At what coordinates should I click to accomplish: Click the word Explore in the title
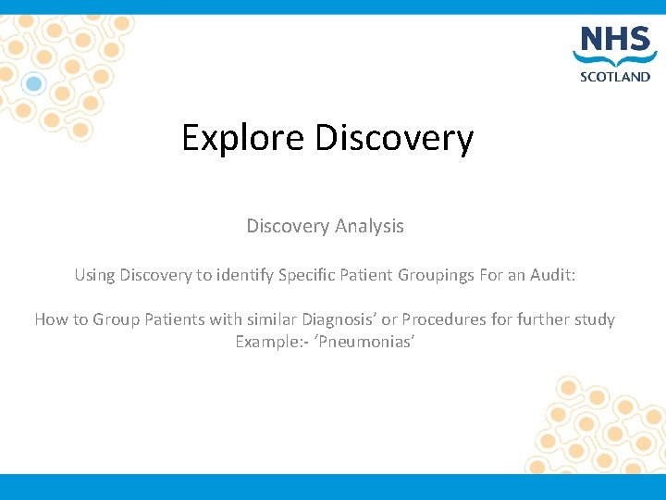pos(243,138)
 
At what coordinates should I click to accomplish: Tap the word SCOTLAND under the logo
pos(614,78)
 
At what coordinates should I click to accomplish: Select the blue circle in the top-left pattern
pos(34,84)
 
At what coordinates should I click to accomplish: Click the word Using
pos(94,275)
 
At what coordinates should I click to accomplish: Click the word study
pos(594,319)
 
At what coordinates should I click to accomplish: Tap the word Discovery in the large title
pos(394,138)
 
